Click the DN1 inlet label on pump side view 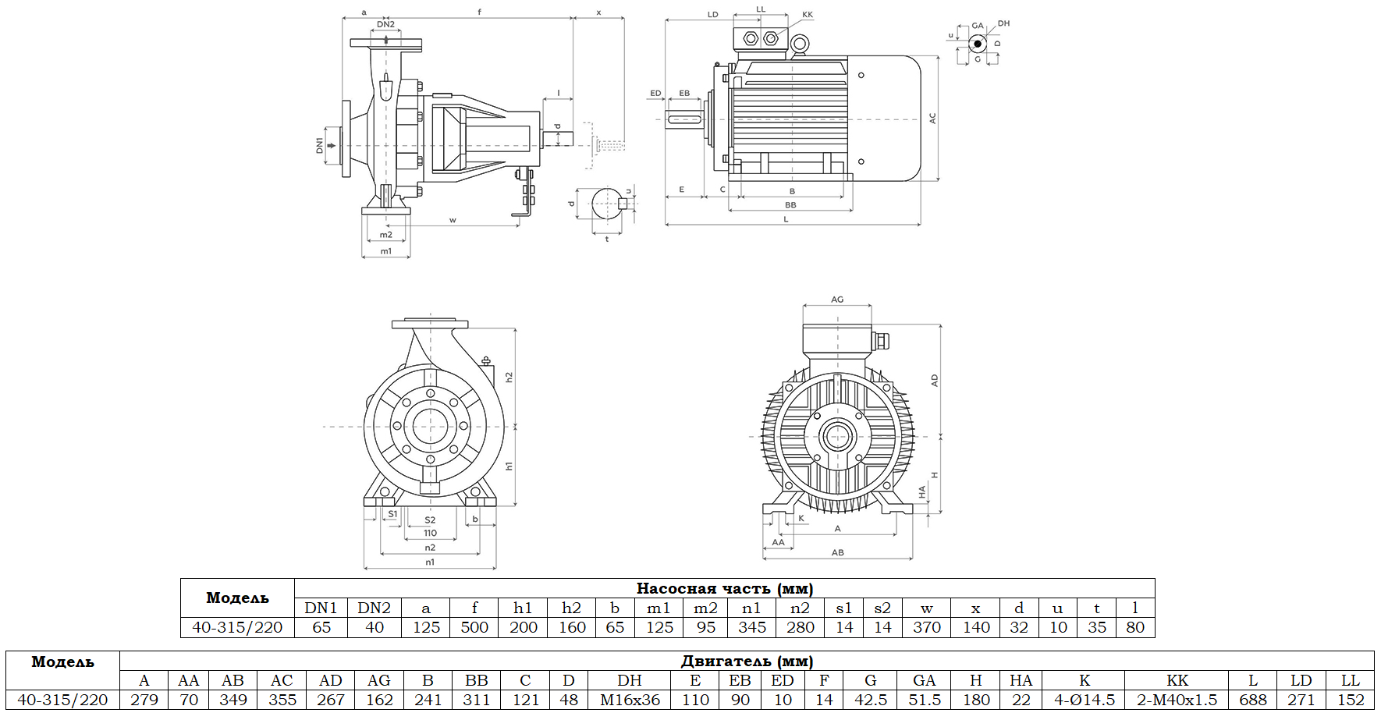click(319, 145)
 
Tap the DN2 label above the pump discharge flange click(385, 24)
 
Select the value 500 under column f click(474, 627)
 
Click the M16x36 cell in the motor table click(630, 700)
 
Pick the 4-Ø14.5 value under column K click(1084, 700)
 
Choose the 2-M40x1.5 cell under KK click(1177, 700)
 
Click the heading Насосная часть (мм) click(724, 588)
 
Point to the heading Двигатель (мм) click(747, 661)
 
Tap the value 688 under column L click(1253, 700)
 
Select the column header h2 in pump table click(571, 608)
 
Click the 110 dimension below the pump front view click(430, 534)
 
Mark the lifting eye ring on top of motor click(799, 45)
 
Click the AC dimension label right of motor click(932, 119)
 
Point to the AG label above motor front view click(837, 300)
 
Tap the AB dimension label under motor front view click(837, 552)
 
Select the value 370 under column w click(926, 627)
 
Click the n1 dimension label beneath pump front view click(430, 562)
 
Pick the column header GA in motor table click(924, 680)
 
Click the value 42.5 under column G click(870, 700)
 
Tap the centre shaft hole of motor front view click(837, 435)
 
